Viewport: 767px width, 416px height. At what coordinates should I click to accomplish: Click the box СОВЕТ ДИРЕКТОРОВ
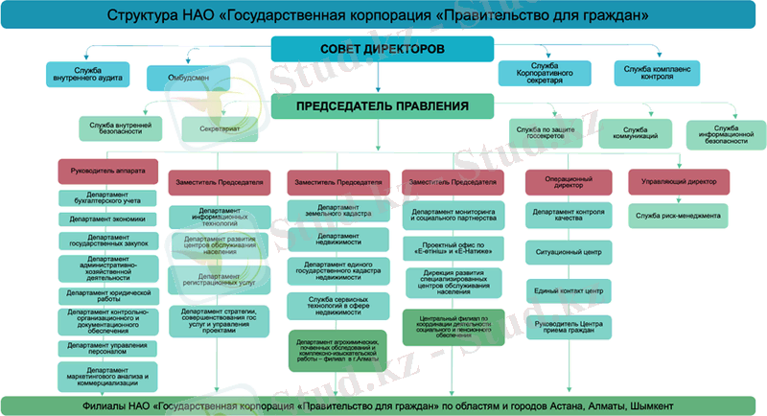(383, 48)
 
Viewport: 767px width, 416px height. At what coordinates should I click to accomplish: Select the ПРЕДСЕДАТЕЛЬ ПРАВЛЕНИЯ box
(383, 106)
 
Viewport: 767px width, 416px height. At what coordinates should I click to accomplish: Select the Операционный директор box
(568, 181)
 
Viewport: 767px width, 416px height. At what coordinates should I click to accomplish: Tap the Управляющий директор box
(679, 180)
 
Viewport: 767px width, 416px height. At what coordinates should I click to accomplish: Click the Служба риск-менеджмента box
(677, 216)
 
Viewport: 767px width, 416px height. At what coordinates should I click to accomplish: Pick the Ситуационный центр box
(569, 254)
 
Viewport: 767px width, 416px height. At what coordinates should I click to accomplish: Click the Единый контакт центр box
(569, 289)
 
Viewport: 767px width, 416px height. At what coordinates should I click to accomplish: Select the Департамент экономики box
(107, 219)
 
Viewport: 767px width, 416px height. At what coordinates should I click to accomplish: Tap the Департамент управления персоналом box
(107, 347)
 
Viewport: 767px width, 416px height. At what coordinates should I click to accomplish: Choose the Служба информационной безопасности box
(725, 133)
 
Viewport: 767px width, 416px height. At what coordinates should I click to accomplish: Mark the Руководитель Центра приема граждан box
(569, 327)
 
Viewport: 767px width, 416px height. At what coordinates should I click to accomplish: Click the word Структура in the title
(140, 16)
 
